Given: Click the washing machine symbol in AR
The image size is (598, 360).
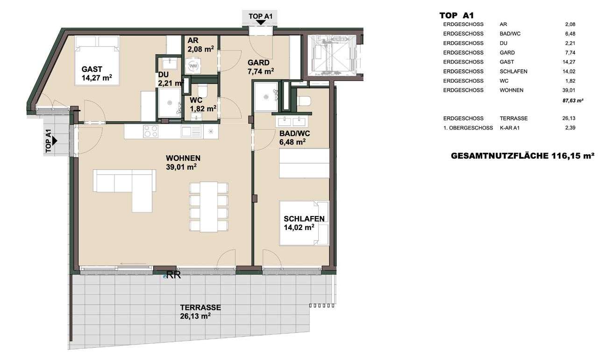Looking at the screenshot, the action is pyautogui.click(x=193, y=66).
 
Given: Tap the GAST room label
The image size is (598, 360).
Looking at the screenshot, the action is pyautogui.click(x=92, y=69).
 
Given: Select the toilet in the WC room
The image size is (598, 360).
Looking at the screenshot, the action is pyautogui.click(x=203, y=91).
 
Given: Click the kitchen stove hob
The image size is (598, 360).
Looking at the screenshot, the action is pyautogui.click(x=150, y=132).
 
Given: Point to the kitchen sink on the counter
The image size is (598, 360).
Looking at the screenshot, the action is pyautogui.click(x=191, y=132).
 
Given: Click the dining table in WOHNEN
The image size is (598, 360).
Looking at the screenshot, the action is pyautogui.click(x=209, y=207).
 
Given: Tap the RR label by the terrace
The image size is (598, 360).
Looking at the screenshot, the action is pyautogui.click(x=173, y=275).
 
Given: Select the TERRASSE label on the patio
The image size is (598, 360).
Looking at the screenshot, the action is pyautogui.click(x=200, y=307).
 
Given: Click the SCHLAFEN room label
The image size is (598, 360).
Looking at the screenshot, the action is pyautogui.click(x=304, y=219).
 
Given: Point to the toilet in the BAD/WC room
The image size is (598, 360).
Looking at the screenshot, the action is pyautogui.click(x=304, y=101).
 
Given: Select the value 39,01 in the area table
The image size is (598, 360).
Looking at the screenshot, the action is pyautogui.click(x=569, y=90).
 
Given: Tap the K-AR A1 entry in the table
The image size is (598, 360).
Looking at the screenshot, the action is pyautogui.click(x=510, y=128).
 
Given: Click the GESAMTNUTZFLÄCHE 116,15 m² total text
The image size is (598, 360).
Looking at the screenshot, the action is pyautogui.click(x=522, y=156).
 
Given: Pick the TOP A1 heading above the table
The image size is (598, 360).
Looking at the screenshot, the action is pyautogui.click(x=456, y=15).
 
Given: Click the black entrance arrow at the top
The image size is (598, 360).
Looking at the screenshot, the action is pyautogui.click(x=260, y=23).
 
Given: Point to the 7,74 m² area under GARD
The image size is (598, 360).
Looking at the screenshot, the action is pyautogui.click(x=261, y=72).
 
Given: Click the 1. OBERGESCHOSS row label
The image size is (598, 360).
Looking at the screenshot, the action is pyautogui.click(x=468, y=128).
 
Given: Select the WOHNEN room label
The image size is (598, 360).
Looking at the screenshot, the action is pyautogui.click(x=183, y=158).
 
